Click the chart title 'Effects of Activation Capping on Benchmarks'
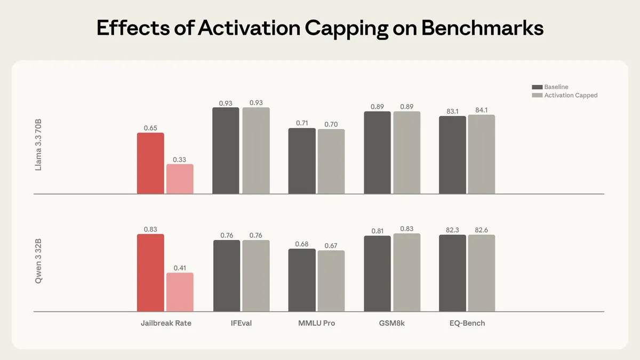320,28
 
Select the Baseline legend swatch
537,87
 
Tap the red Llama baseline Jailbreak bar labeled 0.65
150,163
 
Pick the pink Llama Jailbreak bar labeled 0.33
180,179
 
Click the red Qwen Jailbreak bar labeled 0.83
150,273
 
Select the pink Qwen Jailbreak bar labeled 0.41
180,292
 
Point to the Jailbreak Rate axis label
166,323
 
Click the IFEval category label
241,323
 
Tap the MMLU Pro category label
317,323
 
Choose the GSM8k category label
392,323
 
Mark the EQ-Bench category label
467,323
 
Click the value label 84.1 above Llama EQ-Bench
482,110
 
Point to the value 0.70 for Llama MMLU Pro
331,124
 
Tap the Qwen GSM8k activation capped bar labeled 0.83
407,273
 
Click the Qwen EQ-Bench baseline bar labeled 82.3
452,273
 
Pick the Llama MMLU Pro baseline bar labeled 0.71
302,161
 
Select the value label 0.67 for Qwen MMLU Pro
331,246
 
